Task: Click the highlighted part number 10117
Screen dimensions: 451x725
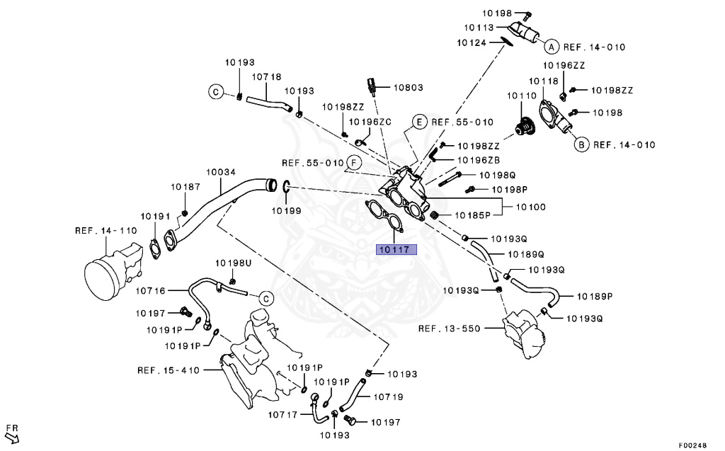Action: [396, 249]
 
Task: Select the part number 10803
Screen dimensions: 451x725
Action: [409, 88]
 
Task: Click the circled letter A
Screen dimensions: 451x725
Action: [550, 47]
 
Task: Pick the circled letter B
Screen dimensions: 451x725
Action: [581, 144]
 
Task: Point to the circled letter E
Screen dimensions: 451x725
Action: [419, 122]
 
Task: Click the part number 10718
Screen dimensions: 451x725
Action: [266, 76]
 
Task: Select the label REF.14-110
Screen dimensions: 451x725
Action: [105, 231]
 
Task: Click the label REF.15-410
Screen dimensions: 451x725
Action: [169, 370]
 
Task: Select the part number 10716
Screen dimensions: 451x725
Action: [150, 290]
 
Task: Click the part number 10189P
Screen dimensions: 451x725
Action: [595, 296]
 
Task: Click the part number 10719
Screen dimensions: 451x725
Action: [388, 397]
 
